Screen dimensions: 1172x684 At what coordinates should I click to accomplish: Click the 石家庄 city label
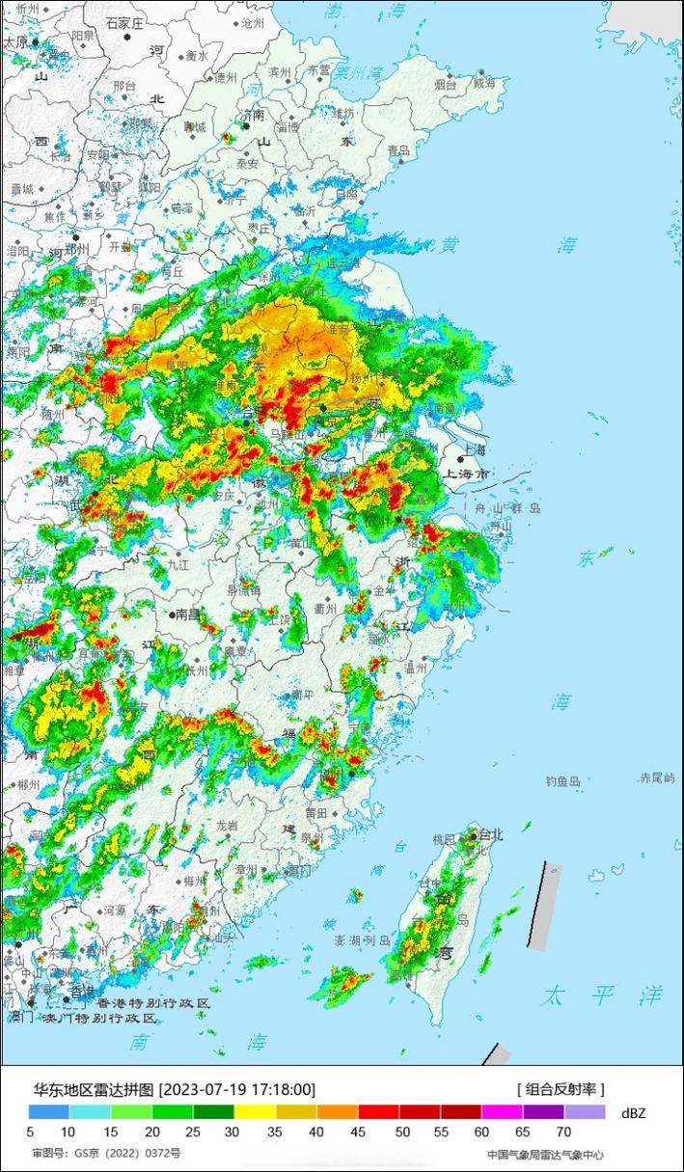[x=124, y=21]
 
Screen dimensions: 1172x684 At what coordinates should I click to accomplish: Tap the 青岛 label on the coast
[x=398, y=150]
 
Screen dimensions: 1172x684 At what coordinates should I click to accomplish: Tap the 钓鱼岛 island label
[x=562, y=781]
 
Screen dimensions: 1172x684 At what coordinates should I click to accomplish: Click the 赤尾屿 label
[x=657, y=777]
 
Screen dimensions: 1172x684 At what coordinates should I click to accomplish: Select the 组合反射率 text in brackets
[x=560, y=1089]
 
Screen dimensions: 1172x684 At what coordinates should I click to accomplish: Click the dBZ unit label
[x=634, y=1112]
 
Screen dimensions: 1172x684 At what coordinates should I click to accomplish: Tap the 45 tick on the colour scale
[x=358, y=1131]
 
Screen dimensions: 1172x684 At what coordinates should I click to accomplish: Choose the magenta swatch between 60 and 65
[x=502, y=1112]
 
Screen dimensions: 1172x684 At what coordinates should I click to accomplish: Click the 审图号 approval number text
[x=106, y=1153]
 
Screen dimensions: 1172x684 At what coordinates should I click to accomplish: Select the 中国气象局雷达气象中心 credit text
[x=545, y=1154]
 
